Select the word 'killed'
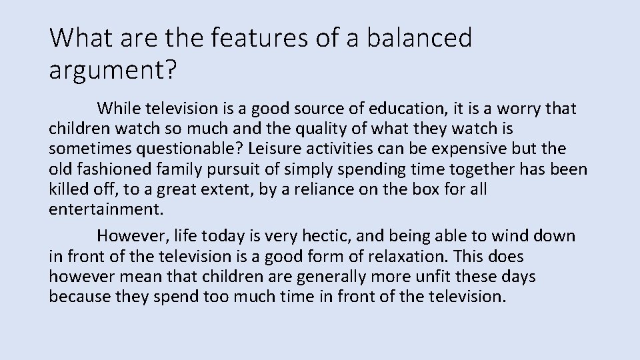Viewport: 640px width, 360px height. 68,189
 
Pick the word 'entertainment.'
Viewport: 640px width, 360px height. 105,209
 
